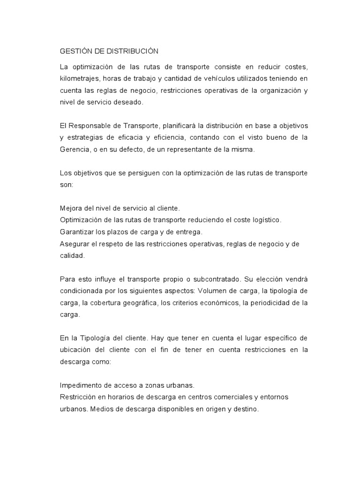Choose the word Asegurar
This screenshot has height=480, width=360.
tap(75, 244)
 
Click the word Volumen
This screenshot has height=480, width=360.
tap(213, 291)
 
